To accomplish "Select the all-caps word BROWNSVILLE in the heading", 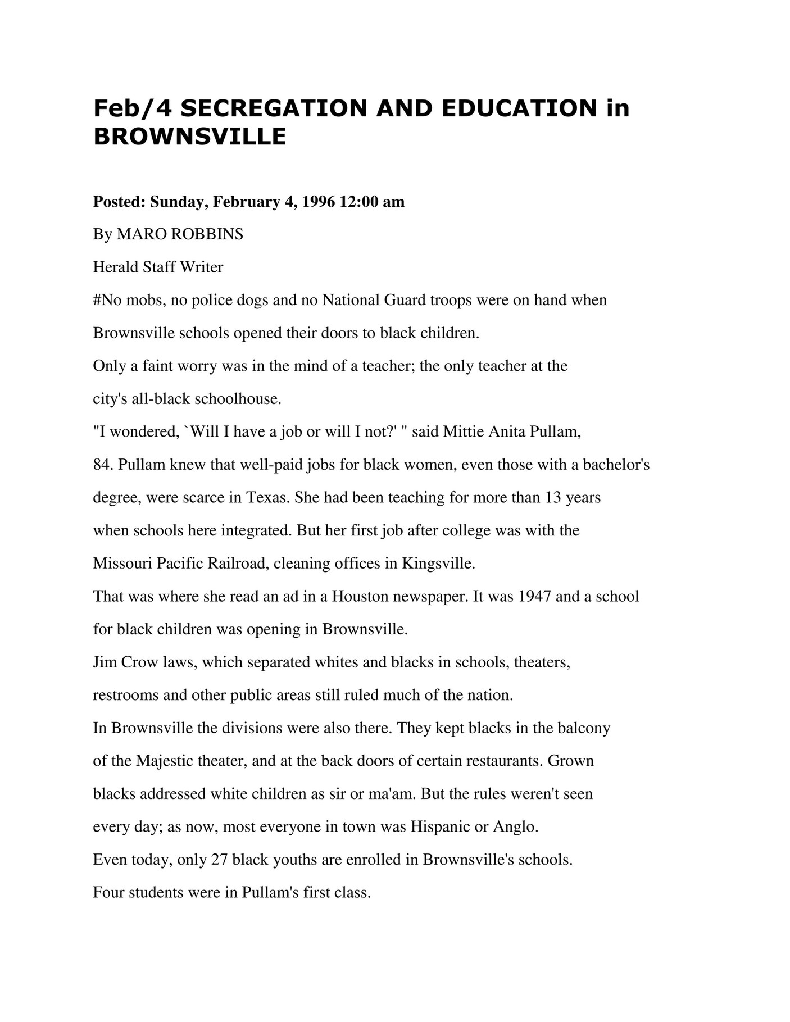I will click(x=189, y=137).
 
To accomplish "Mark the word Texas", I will click(x=269, y=498).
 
